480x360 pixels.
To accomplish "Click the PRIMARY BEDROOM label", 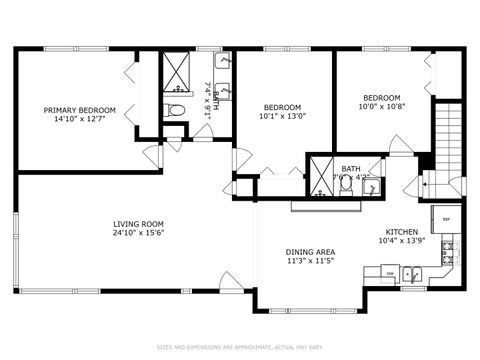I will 79,110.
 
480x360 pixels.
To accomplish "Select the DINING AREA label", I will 310,252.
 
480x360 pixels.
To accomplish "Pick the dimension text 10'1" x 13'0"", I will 283,116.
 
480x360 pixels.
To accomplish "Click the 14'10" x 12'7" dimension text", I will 79,120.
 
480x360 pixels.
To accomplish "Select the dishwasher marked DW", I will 388,272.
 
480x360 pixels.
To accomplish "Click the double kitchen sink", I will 412,272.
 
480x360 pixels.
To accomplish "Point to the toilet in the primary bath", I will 176,110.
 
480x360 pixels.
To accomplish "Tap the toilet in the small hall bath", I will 345,182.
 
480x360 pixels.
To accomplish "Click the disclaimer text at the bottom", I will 240,348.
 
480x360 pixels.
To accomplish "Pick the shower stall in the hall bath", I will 322,171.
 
